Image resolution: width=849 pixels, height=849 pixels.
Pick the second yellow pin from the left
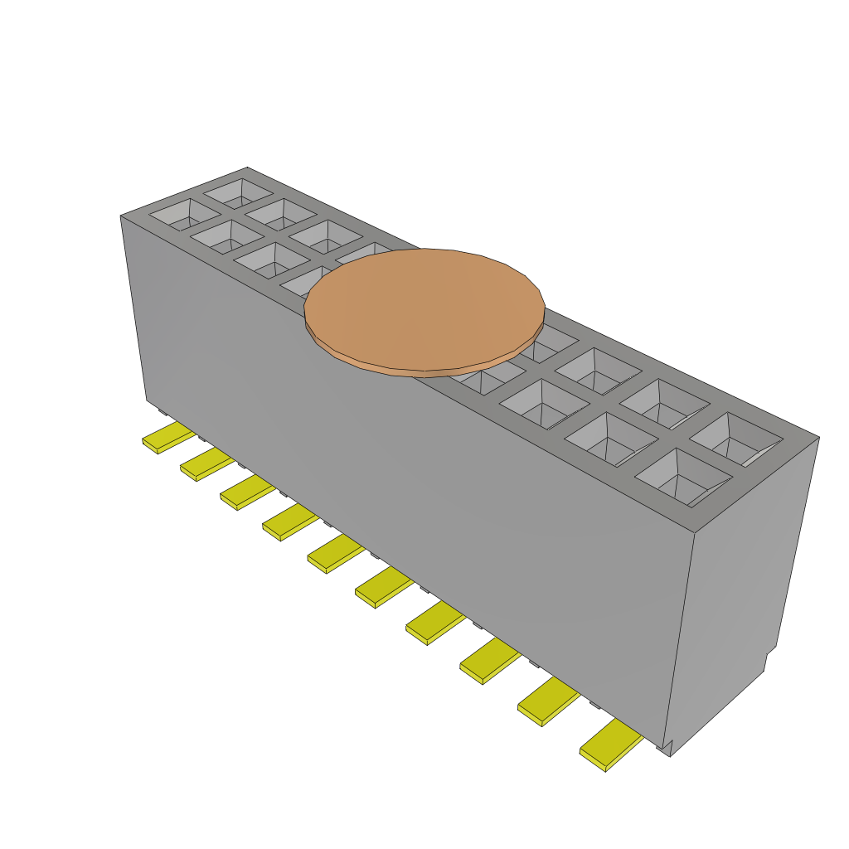pos(206,465)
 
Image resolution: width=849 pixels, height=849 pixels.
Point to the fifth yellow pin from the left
pos(335,554)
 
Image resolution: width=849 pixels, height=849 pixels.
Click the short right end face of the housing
pos(742,580)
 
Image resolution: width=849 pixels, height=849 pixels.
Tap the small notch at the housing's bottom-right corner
pos(666,748)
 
